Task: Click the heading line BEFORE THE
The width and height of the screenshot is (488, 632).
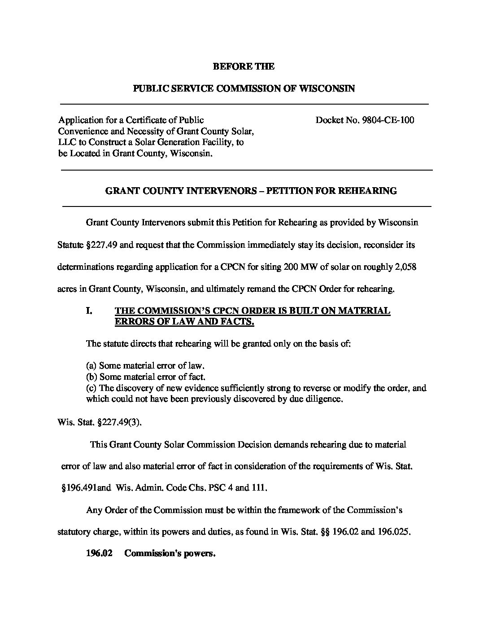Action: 243,66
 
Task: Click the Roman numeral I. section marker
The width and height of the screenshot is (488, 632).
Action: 89,311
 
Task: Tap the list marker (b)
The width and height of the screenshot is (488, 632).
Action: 91,377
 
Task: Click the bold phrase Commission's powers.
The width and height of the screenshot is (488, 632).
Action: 170,553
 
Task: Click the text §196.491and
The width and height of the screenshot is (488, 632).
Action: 85,488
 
